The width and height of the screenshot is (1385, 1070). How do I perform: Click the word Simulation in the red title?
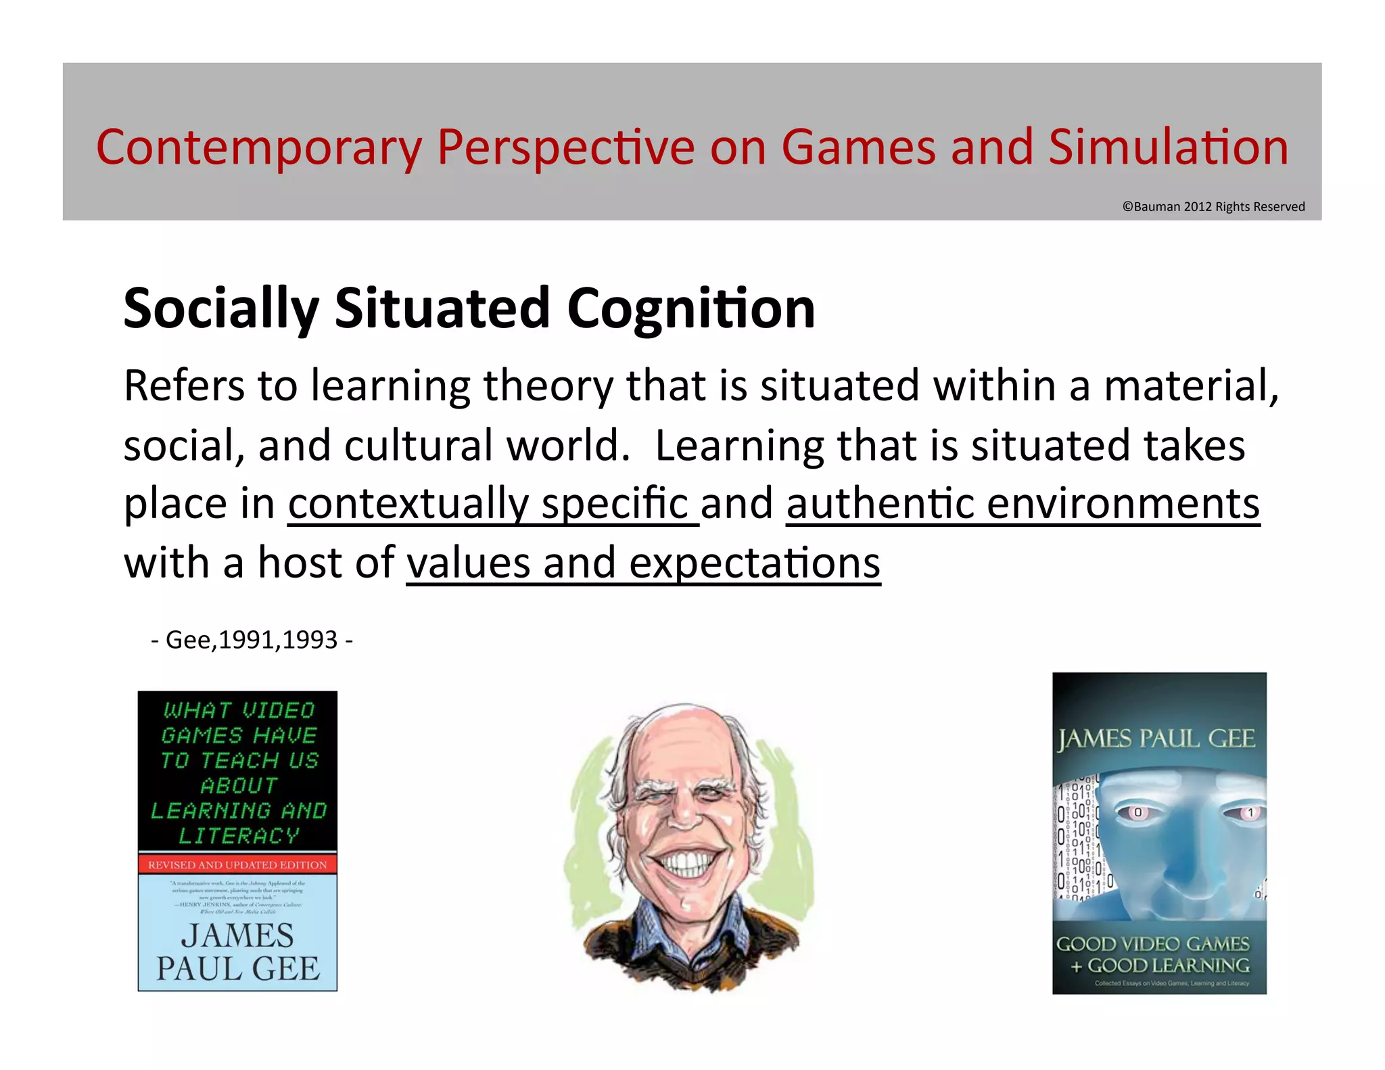point(1168,147)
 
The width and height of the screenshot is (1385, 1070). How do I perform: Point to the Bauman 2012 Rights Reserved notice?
point(1213,207)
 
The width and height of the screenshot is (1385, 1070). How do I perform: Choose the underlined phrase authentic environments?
point(1023,504)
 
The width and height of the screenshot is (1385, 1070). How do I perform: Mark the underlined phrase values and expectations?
point(643,563)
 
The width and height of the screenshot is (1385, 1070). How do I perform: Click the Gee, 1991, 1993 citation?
point(252,640)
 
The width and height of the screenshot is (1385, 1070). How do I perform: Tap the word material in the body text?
point(1190,386)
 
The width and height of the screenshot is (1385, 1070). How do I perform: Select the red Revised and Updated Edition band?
point(237,864)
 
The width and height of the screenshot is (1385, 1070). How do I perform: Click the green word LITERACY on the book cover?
point(238,836)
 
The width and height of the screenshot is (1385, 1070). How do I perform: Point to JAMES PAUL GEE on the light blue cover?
point(237,952)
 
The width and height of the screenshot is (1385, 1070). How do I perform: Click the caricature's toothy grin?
point(686,862)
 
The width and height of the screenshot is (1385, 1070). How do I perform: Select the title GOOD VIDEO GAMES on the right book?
point(1152,944)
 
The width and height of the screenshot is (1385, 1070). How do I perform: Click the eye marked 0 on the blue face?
point(1137,812)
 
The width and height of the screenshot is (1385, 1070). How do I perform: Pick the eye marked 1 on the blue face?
point(1250,812)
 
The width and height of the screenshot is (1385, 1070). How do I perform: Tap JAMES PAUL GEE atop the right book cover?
point(1157,739)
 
